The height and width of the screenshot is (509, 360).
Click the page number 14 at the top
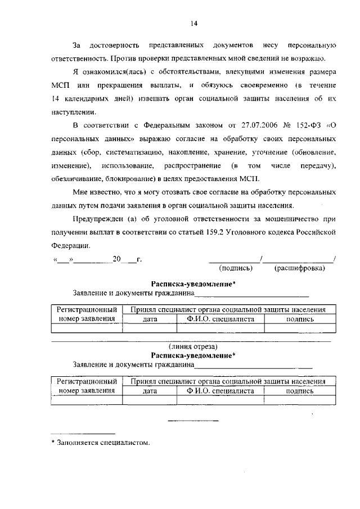click(x=193, y=23)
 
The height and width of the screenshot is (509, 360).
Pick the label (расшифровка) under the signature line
click(x=299, y=268)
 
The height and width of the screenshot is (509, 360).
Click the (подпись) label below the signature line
click(x=236, y=268)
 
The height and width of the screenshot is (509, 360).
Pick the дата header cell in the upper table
click(x=150, y=319)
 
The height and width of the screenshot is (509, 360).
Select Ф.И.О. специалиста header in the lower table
click(x=221, y=391)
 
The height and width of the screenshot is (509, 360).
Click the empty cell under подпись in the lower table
click(x=300, y=400)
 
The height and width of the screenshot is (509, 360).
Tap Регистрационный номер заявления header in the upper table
click(x=87, y=314)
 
